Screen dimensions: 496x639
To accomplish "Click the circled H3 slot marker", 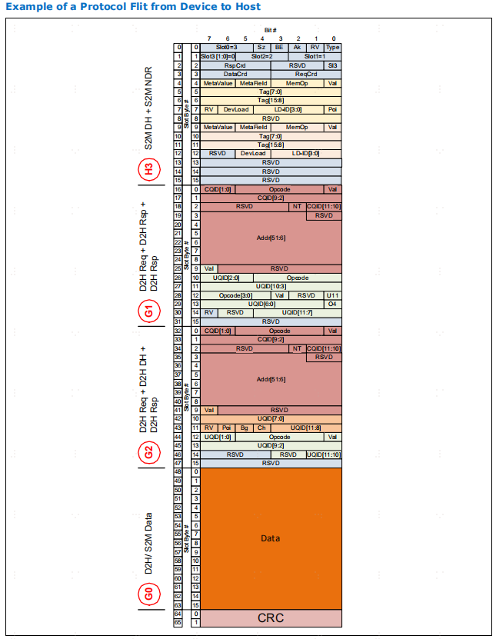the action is tap(149, 169).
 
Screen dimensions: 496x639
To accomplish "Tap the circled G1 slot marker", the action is tap(149, 311).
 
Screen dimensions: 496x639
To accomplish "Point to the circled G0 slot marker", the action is tap(149, 594).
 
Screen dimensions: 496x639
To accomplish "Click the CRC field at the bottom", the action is tap(271, 618).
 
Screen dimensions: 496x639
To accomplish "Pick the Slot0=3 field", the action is tap(227, 48).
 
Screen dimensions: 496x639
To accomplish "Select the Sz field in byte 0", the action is tap(261, 48).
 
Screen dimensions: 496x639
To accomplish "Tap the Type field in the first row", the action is tap(333, 48).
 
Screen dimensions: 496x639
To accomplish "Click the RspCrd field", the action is tap(235, 65).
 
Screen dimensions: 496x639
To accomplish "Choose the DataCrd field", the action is tap(235, 74).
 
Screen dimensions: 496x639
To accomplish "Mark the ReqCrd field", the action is tap(306, 74).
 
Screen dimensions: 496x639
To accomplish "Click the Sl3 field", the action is tap(333, 65).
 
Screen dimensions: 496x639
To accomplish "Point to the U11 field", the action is tap(333, 295).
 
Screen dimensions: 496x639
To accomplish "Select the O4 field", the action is tap(333, 304).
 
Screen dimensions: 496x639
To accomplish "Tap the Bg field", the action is tap(244, 428).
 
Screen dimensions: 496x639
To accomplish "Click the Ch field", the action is tap(261, 428).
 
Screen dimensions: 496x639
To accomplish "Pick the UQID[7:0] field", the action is tap(271, 418).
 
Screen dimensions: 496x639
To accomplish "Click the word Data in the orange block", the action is tap(271, 538).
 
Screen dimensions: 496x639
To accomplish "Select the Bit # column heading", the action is tap(270, 29).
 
